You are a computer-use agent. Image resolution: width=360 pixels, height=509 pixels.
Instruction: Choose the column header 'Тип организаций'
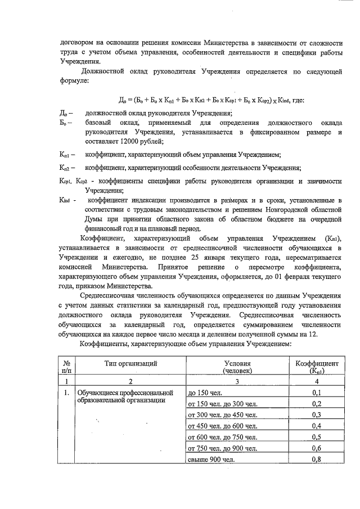coord(130,364)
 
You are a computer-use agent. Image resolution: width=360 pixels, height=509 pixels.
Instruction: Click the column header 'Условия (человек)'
coord(237,367)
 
